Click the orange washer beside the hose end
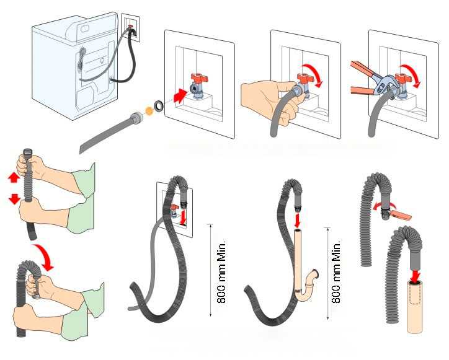pos(148,110)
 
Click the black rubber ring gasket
pos(159,105)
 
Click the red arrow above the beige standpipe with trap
pos(297,220)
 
